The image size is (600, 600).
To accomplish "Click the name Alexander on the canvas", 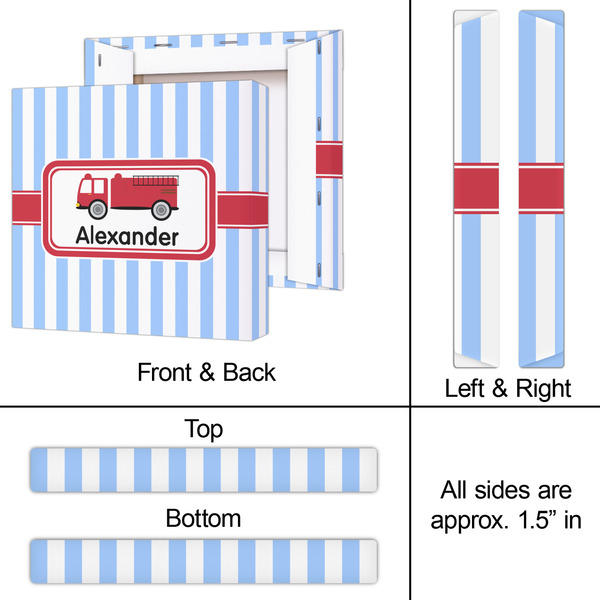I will tap(126, 237).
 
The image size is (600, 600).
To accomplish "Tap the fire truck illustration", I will tap(126, 196).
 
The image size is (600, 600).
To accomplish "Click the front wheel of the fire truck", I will tap(98, 208).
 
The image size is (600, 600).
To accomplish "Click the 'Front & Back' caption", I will tap(206, 372).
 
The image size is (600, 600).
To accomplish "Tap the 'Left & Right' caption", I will tap(507, 387).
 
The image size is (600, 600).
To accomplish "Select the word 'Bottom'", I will tap(203, 518).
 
